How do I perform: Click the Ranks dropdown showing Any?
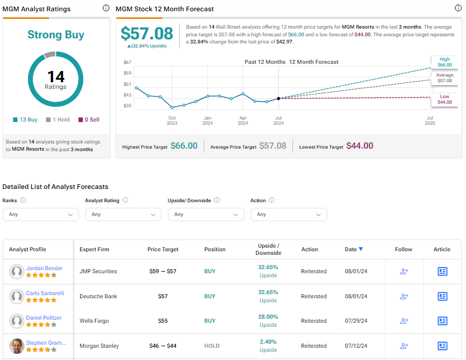tap(41, 214)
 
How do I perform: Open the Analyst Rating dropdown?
tap(124, 214)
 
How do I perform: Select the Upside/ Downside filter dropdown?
tap(206, 214)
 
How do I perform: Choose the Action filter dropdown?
tap(288, 214)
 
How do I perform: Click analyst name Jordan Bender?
tap(44, 268)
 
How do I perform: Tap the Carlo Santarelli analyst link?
tap(45, 293)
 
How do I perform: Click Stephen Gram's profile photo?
tap(17, 346)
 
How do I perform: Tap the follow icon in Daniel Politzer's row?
tap(404, 321)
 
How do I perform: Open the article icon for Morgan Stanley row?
tap(442, 346)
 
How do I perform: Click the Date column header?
tap(354, 249)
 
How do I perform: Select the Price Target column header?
tap(163, 249)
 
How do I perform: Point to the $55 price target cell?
tap(163, 321)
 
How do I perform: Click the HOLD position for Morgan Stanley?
tap(212, 346)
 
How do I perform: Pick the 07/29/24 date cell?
tap(356, 321)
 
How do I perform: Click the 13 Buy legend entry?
tap(25, 119)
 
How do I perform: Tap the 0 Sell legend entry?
tap(89, 119)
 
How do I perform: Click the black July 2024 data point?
tap(279, 99)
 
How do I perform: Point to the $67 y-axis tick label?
tap(127, 62)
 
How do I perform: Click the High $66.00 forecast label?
tap(445, 62)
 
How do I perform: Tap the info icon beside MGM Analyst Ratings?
tap(106, 8)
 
